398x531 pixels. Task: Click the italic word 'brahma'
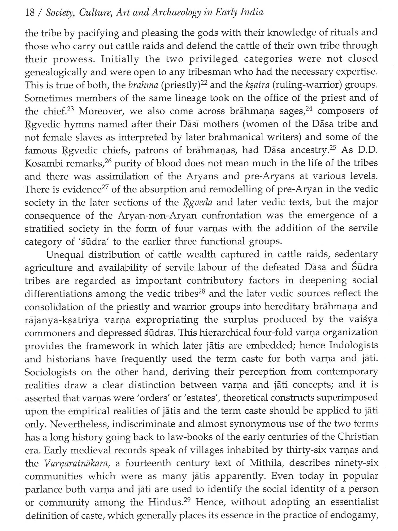[141, 85]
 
